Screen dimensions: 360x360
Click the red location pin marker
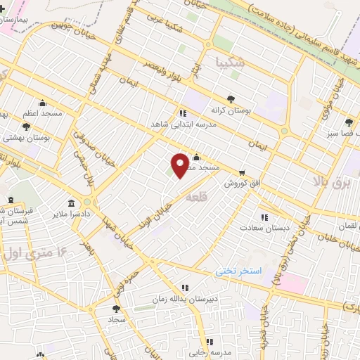tap(180, 165)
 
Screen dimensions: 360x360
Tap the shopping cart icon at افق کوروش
tap(242, 172)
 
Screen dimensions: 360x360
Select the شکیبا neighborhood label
tap(231, 61)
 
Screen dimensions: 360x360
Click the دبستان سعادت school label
tap(262, 228)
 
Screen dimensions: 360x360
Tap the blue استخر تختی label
tap(238, 270)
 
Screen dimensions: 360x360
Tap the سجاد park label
tap(116, 319)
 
